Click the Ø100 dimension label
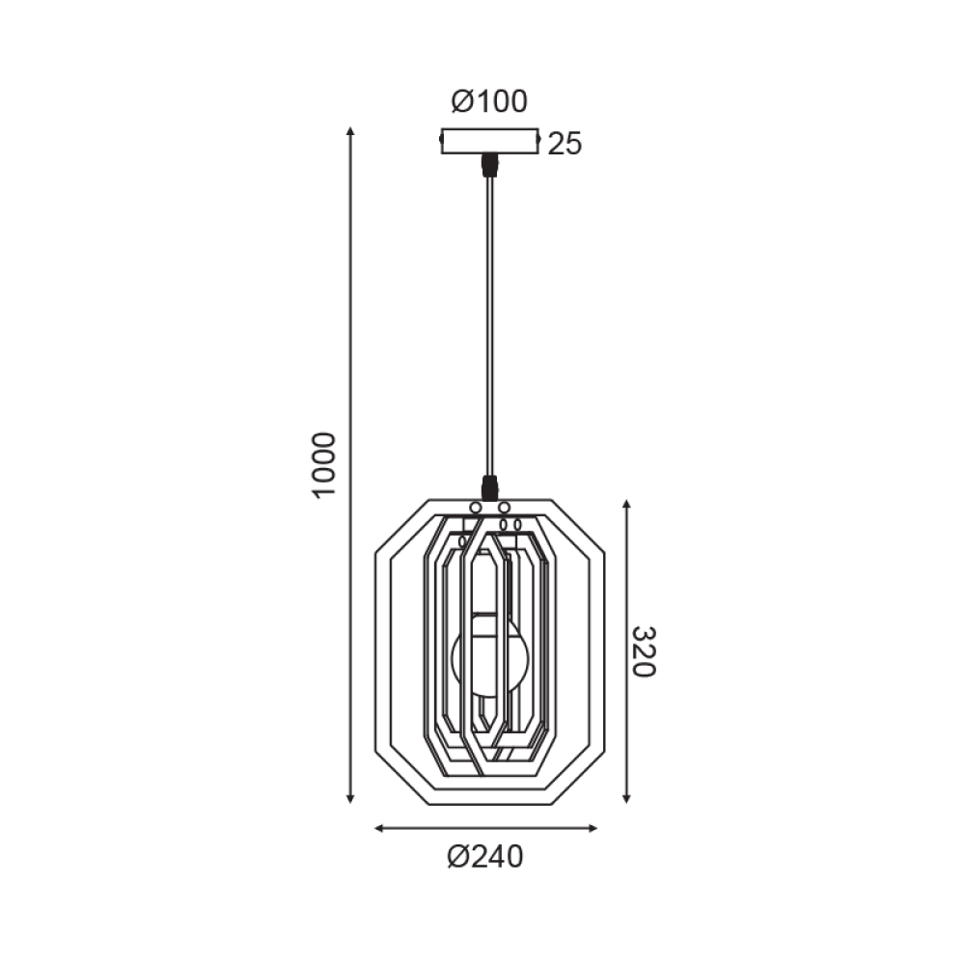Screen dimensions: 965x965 click(489, 101)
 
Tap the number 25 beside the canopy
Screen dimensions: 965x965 click(565, 145)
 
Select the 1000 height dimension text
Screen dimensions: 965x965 click(324, 464)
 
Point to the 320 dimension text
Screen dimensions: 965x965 click(644, 651)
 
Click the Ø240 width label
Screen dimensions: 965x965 click(484, 856)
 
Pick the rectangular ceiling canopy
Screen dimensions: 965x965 click(489, 141)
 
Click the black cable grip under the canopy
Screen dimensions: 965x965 click(490, 165)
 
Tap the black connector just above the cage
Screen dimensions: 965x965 click(490, 487)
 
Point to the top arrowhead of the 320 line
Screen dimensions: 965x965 click(627, 505)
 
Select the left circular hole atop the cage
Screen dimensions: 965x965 click(476, 507)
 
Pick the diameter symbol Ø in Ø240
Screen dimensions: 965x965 click(457, 856)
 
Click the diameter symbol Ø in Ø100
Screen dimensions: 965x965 click(461, 101)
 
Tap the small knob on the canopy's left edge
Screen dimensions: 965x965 click(442, 141)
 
